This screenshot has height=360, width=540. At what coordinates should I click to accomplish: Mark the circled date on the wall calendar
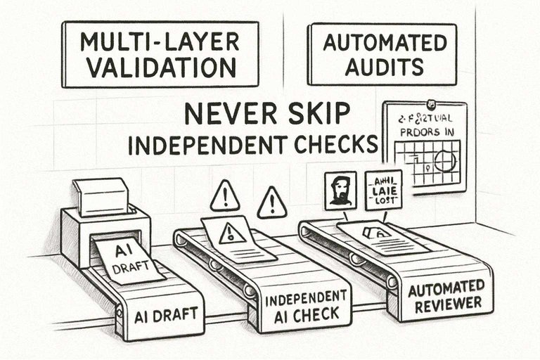point(445,161)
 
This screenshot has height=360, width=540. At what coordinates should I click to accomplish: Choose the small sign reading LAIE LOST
point(383,189)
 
